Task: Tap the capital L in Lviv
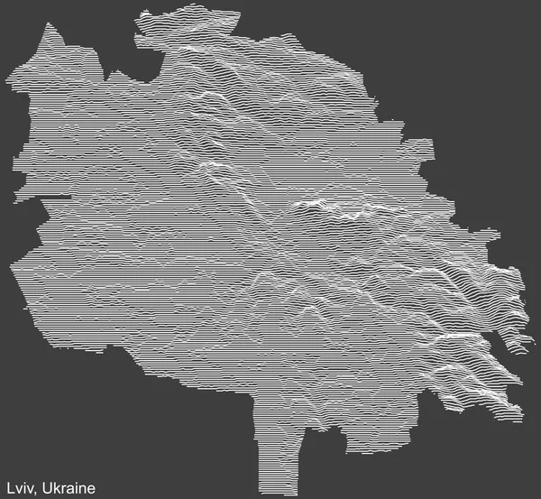tap(7, 489)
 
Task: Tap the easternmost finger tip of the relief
tap(531, 341)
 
